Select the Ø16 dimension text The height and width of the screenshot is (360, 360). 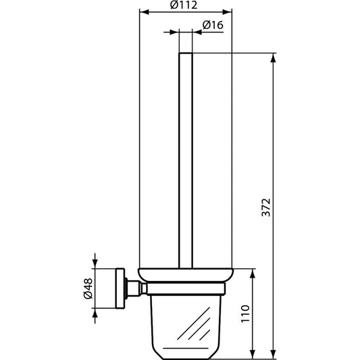tap(213, 25)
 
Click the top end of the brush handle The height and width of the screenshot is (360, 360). tap(185, 53)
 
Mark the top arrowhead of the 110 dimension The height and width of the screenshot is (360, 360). tap(253, 272)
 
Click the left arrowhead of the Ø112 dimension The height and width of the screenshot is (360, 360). tap(143, 12)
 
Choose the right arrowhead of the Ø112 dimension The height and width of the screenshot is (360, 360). tap(228, 12)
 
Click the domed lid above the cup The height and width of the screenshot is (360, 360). tap(185, 276)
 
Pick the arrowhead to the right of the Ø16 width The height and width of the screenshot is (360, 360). tap(197, 32)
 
